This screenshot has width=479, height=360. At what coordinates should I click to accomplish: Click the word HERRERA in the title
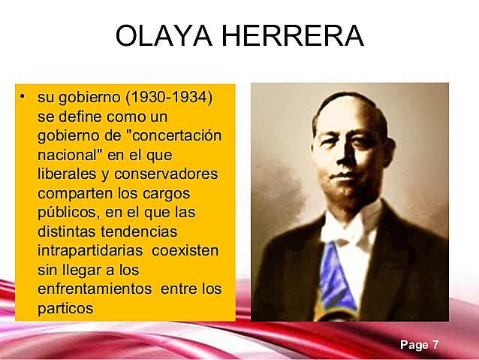point(296,35)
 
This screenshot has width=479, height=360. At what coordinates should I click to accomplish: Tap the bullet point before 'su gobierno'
point(23,97)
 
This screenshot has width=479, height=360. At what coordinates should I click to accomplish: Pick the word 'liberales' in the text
point(68,174)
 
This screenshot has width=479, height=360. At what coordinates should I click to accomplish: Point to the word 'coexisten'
point(184,250)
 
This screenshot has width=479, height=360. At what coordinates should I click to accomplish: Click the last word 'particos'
point(65,307)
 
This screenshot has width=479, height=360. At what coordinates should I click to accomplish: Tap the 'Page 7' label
point(419,345)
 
